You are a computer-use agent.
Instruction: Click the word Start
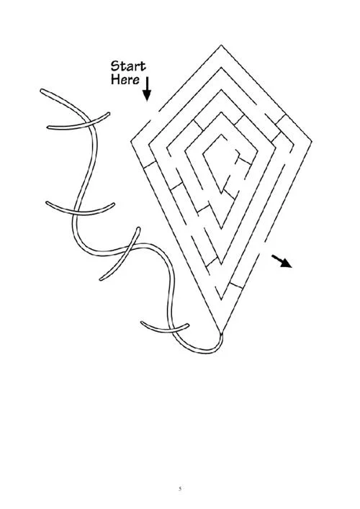click(128, 66)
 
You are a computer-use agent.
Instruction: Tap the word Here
click(125, 79)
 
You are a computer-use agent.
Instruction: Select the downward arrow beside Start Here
click(147, 89)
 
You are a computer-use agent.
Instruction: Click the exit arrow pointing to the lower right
click(282, 261)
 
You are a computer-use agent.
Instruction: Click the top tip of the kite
click(221, 45)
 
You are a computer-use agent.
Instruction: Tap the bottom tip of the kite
click(221, 333)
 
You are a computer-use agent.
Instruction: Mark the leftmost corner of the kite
click(131, 142)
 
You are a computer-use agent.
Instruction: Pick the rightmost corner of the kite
click(312, 142)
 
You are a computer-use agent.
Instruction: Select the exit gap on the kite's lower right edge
click(262, 248)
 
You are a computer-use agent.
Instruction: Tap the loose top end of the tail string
click(42, 90)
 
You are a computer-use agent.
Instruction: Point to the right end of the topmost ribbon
click(109, 114)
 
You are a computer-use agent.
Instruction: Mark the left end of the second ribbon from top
click(47, 202)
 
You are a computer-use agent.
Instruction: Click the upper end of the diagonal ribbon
click(139, 228)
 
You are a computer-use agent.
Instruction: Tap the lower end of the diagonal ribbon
click(101, 279)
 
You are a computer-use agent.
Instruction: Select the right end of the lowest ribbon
click(188, 325)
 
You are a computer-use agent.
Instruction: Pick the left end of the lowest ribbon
click(142, 323)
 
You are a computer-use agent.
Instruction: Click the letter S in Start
click(115, 66)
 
